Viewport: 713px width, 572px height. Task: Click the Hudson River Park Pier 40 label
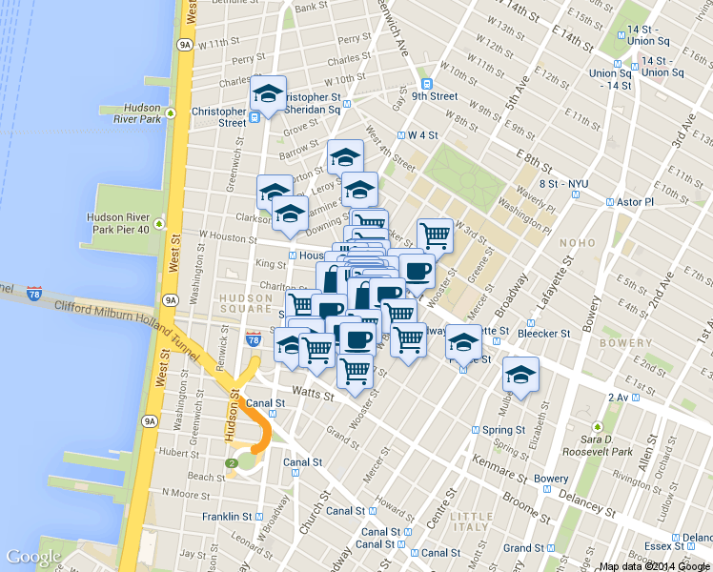[x=118, y=223]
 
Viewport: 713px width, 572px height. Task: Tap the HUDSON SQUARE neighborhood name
[x=247, y=303]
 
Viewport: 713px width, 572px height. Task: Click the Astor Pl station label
[x=634, y=202]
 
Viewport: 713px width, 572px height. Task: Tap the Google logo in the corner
[x=33, y=557]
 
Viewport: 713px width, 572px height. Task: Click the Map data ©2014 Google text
[x=654, y=566]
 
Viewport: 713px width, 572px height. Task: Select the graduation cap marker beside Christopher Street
[x=268, y=95]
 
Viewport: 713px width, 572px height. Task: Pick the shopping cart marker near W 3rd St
[x=435, y=234]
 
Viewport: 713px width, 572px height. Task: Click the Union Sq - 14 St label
[x=610, y=80]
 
